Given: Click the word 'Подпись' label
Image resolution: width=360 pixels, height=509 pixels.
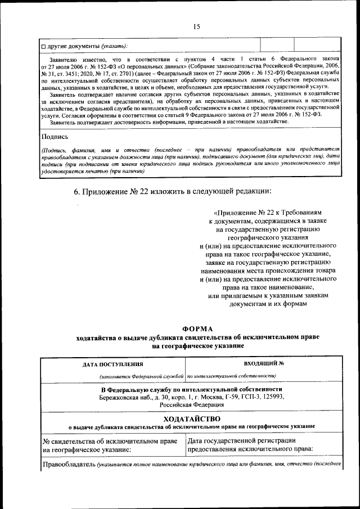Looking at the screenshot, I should pyautogui.click(x=55, y=136).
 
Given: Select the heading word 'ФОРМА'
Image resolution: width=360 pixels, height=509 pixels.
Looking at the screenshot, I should pyautogui.click(x=198, y=328).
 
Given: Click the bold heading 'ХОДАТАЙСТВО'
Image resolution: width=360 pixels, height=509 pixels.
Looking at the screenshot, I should pyautogui.click(x=191, y=419).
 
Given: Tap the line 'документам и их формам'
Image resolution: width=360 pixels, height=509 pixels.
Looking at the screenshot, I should pyautogui.click(x=268, y=304).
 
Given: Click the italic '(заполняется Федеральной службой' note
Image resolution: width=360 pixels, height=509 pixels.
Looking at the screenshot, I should pyautogui.click(x=142, y=376).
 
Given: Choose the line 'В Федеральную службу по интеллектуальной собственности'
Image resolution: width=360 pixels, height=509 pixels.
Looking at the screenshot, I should pyautogui.click(x=191, y=389).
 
